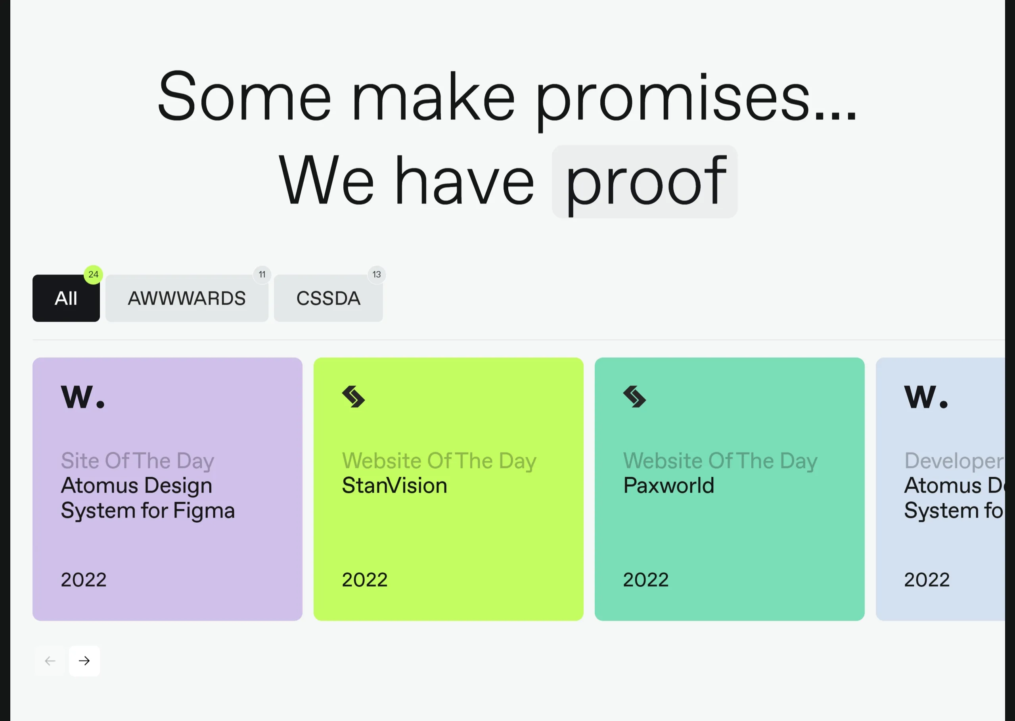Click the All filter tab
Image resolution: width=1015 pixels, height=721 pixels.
[x=66, y=298]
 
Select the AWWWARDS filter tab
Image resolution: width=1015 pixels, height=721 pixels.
[x=187, y=298]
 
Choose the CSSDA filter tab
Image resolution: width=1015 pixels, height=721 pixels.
[x=328, y=298]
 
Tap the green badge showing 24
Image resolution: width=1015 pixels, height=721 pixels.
[x=93, y=274]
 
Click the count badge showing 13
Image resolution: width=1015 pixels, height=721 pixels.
[x=377, y=274]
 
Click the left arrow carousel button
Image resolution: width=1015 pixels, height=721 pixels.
[x=50, y=661]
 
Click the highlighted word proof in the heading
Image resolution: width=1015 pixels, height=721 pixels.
[x=645, y=182]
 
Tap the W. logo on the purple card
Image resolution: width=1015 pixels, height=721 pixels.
[x=83, y=397]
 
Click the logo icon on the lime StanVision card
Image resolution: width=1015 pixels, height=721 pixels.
[x=353, y=397]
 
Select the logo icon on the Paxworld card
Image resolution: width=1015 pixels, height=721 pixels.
[x=635, y=397]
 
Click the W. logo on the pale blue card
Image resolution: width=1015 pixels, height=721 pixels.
[x=926, y=397]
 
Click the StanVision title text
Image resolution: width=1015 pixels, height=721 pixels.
[x=395, y=485]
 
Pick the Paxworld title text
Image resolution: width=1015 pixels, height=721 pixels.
[x=669, y=485]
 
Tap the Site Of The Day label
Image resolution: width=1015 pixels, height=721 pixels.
[x=138, y=461]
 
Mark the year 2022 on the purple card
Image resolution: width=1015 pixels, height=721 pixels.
[x=83, y=580]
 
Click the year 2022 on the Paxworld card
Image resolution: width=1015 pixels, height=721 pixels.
[x=646, y=580]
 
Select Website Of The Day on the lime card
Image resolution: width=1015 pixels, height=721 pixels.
[x=439, y=461]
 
